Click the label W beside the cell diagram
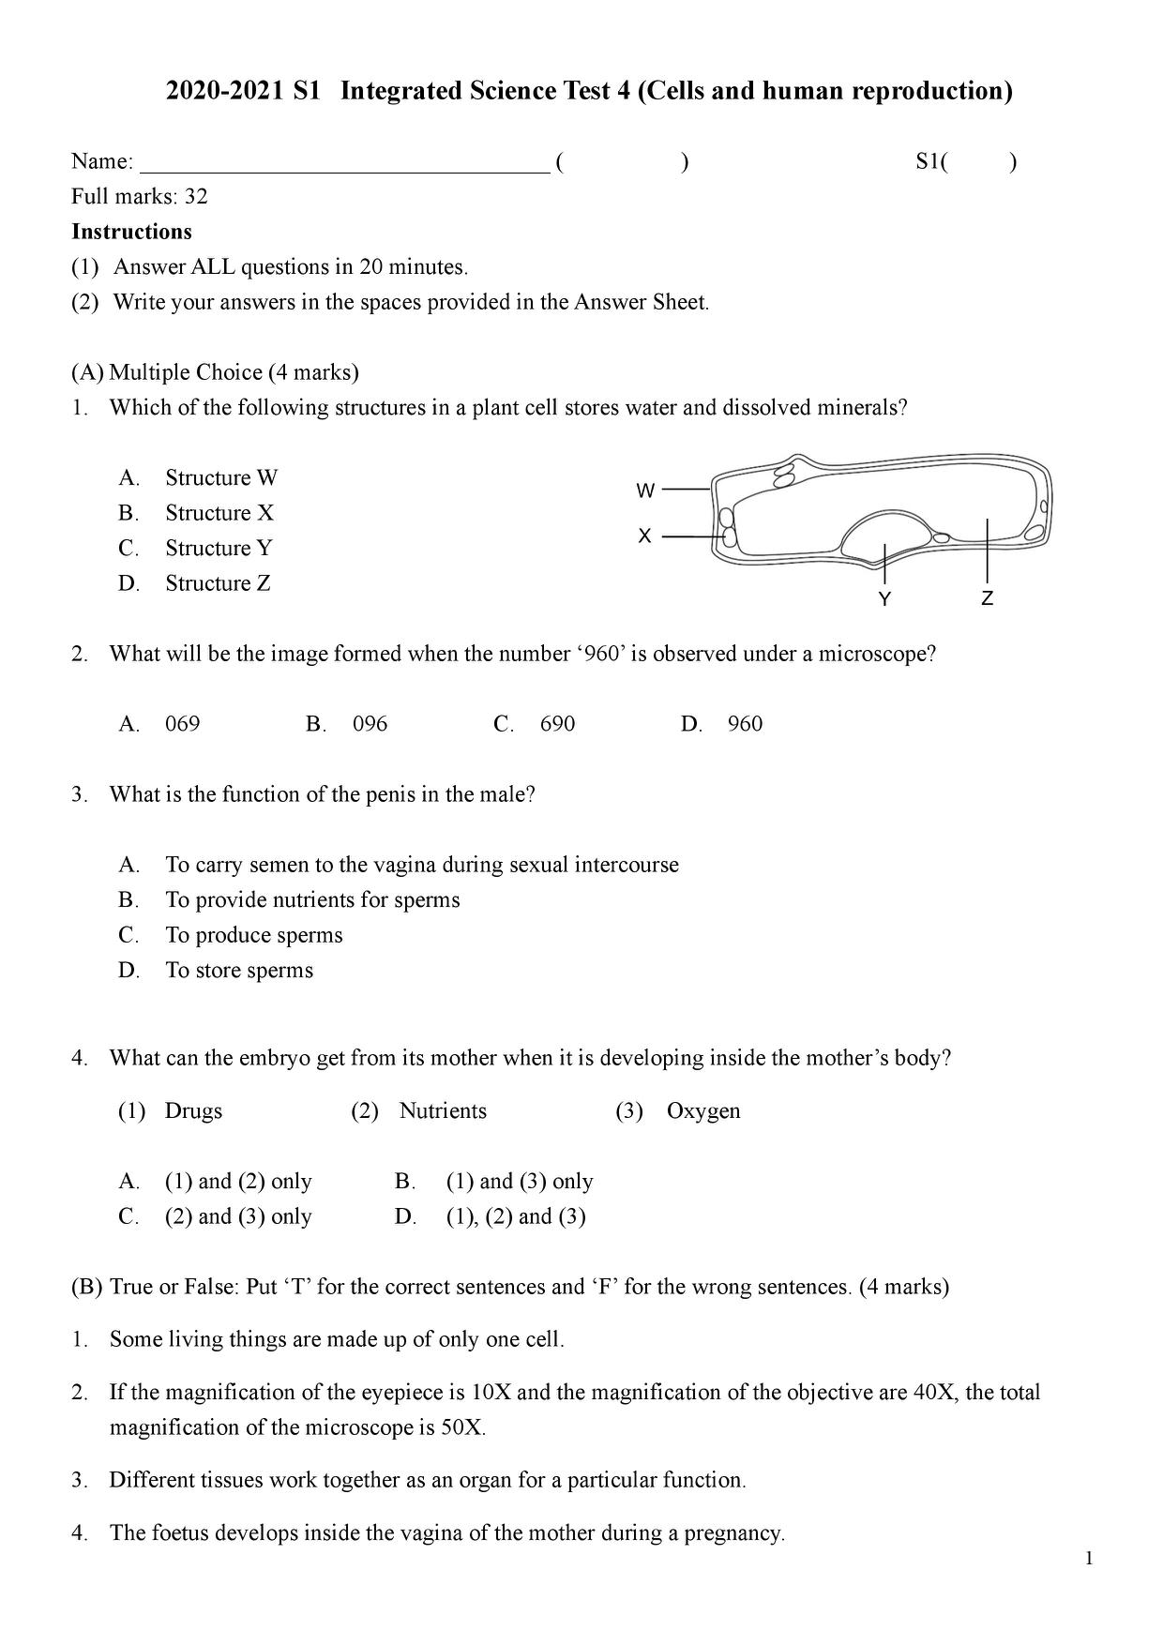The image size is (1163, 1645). [645, 490]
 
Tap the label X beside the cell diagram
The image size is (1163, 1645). [644, 536]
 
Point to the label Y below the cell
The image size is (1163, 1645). [884, 598]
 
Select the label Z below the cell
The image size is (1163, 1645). [987, 598]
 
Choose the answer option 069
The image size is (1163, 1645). [182, 724]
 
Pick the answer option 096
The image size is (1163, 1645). [370, 724]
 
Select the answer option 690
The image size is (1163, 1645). [557, 724]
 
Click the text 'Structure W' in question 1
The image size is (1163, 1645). [221, 478]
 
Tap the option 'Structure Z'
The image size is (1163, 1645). [218, 583]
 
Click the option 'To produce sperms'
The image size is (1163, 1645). [254, 935]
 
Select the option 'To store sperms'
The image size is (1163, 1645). [239, 970]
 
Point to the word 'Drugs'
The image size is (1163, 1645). [193, 1111]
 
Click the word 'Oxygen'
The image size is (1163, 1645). [703, 1111]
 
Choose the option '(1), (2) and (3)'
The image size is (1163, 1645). [516, 1216]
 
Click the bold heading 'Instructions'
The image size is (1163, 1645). [131, 232]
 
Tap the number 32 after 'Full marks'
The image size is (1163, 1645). [196, 197]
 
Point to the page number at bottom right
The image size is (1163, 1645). [1089, 1560]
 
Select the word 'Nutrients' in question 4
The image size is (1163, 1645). [443, 1111]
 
